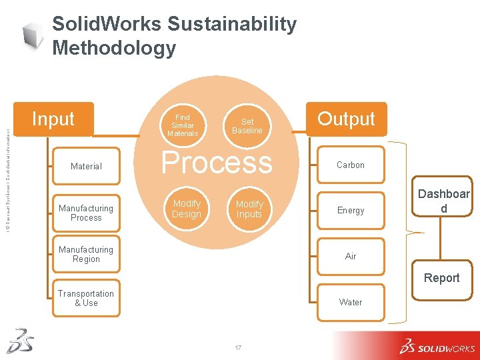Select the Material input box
pyautogui.click(x=86, y=166)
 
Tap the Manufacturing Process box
pyautogui.click(x=86, y=213)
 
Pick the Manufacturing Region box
pyautogui.click(x=86, y=254)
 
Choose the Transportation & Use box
pyautogui.click(x=86, y=298)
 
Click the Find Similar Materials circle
pyautogui.click(x=183, y=125)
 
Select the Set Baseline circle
pyautogui.click(x=247, y=126)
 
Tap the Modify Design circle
pyautogui.click(x=187, y=208)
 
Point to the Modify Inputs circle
pyautogui.click(x=249, y=209)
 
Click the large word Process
pyautogui.click(x=217, y=163)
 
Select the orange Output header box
pyautogui.click(x=346, y=119)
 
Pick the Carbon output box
pyautogui.click(x=351, y=165)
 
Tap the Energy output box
pyautogui.click(x=351, y=211)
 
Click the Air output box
pyautogui.click(x=351, y=256)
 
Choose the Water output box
pyautogui.click(x=351, y=302)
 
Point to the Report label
pyautogui.click(x=442, y=278)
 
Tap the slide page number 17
pyautogui.click(x=239, y=347)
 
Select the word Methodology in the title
pyautogui.click(x=114, y=48)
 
